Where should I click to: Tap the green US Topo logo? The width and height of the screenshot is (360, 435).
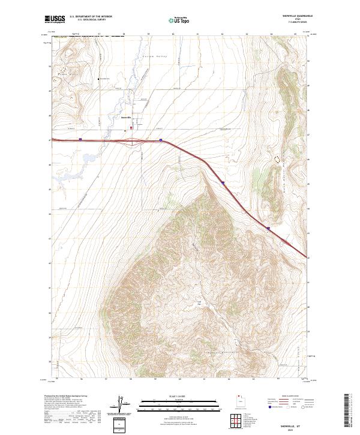tap(180, 20)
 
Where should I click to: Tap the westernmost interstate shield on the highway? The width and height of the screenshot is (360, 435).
tap(80, 139)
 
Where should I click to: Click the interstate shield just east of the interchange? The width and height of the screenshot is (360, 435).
tap(161, 141)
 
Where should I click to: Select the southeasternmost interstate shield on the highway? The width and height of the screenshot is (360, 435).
tap(268, 229)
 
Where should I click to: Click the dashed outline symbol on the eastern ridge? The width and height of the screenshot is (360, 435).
tap(277, 158)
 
